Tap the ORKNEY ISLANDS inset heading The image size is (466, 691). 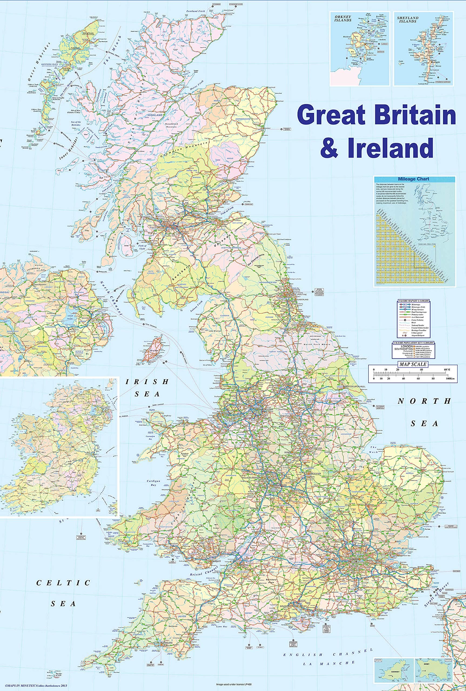pyautogui.click(x=342, y=18)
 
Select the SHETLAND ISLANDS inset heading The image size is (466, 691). pyautogui.click(x=408, y=20)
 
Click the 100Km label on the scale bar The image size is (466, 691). pyautogui.click(x=450, y=379)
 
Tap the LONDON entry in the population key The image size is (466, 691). pyautogui.click(x=407, y=346)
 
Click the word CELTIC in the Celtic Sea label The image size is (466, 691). pyautogui.click(x=63, y=582)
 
